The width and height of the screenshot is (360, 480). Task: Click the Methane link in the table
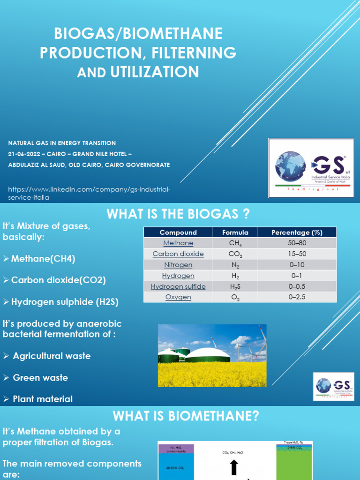pos(178,243)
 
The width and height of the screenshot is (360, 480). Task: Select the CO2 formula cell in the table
pos(235,254)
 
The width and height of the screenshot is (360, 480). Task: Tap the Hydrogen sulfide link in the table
pos(178,286)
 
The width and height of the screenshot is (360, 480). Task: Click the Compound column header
pos(178,232)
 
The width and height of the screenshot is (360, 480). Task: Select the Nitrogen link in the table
pos(178,265)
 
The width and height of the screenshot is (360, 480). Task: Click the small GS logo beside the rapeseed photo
pos(334,386)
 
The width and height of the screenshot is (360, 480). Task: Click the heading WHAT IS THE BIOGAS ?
pos(178,214)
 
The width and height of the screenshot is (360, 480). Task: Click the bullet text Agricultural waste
pos(52,356)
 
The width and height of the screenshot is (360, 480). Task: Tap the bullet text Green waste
pos(40,377)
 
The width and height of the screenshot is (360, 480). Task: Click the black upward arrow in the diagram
pos(234,467)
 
